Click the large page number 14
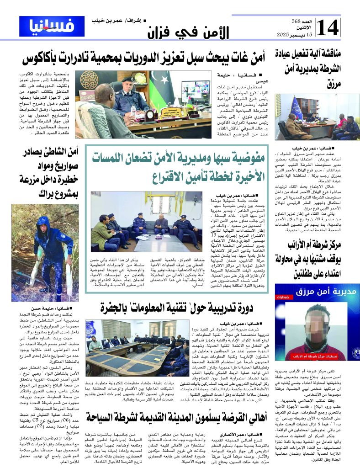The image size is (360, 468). click(328, 27)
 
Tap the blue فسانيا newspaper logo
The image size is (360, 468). click(51, 27)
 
